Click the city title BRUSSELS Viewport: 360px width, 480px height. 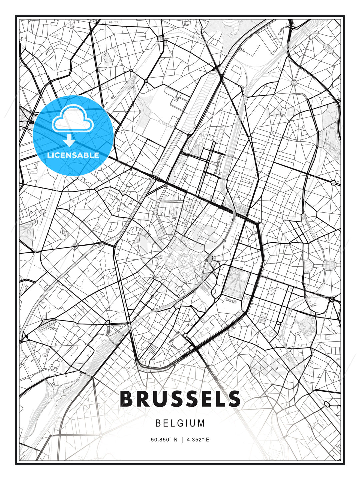click(180, 399)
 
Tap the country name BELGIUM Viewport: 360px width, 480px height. click(180, 423)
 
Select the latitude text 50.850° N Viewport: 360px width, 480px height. click(164, 440)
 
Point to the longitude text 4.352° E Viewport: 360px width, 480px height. click(198, 440)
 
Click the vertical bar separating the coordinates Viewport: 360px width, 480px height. click(182, 440)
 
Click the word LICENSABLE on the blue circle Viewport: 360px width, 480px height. click(73, 155)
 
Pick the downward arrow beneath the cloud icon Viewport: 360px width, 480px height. click(69, 140)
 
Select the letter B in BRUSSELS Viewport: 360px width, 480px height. click(127, 399)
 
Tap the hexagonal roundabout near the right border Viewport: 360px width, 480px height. click(334, 182)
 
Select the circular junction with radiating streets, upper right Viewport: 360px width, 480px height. click(294, 82)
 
